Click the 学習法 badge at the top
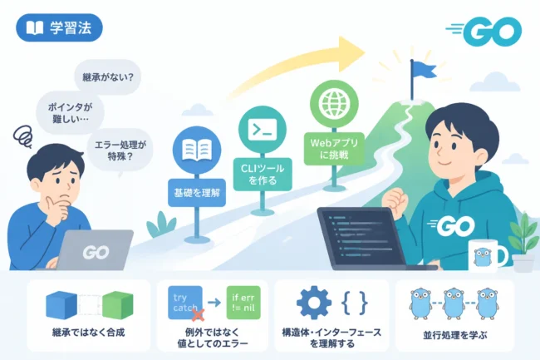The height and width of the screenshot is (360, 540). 59,27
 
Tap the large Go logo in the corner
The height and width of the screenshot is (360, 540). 484,32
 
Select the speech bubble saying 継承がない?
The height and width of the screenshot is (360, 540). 108,76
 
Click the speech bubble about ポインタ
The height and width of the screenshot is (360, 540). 71,112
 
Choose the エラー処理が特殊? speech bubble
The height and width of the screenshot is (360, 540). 120,150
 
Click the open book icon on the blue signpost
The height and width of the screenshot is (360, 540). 197,150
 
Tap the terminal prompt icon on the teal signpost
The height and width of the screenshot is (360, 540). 263,130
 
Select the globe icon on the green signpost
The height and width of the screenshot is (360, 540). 334,103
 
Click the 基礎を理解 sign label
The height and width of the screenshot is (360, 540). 197,193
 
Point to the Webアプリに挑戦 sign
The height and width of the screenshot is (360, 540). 334,149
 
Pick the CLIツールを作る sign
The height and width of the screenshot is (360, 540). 263,175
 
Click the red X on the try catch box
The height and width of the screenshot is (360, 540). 198,314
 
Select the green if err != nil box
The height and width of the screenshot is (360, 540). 243,303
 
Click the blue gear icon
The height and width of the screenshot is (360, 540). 313,303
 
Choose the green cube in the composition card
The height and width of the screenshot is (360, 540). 118,305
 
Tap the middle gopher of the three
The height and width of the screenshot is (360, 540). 454,303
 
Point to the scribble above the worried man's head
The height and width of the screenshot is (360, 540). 22,136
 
